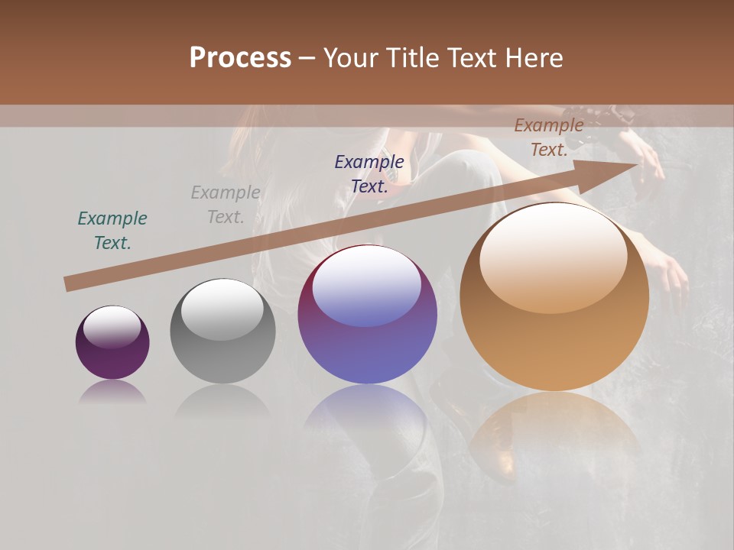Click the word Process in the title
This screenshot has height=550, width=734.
tap(240, 58)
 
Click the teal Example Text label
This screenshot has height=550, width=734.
tap(112, 231)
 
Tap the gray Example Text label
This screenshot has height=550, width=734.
tap(226, 205)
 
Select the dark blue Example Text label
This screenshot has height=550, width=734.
tap(369, 174)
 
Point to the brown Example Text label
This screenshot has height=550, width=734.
tap(549, 137)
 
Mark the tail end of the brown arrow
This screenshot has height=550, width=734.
tap(69, 284)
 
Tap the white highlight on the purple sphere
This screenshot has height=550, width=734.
tap(112, 327)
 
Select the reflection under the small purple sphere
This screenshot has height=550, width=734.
tap(112, 393)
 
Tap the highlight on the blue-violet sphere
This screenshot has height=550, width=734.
tap(366, 286)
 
